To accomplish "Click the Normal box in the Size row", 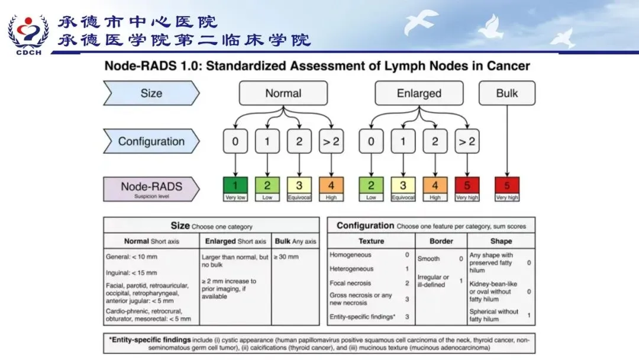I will point(283,94).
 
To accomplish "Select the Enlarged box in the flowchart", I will point(419,94).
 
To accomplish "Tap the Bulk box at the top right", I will point(506,94).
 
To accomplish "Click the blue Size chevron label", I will point(151,94).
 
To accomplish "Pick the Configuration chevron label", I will point(151,142).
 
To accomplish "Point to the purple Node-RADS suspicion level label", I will point(151,188).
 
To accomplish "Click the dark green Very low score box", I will point(235,188).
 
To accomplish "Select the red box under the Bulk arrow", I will point(506,188).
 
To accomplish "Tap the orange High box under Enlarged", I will point(435,188).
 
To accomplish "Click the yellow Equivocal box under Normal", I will point(299,188).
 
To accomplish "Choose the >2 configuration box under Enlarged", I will point(467,142).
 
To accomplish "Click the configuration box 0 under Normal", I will point(235,142).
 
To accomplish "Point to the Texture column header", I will point(371,242).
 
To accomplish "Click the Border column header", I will point(441,242).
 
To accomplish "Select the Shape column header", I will point(501,242).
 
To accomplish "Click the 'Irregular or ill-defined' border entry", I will point(434,281).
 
